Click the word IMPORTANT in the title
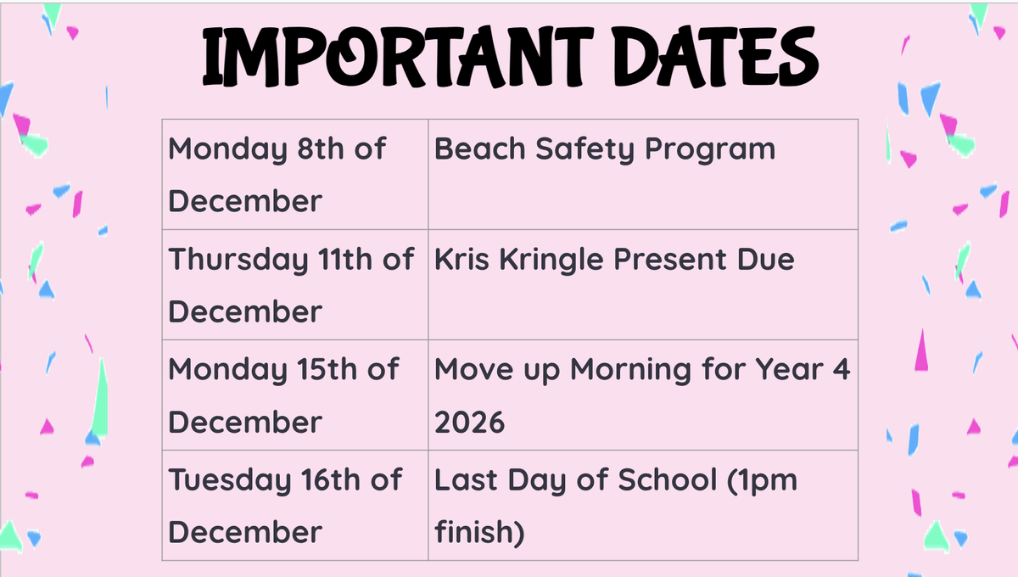point(398,56)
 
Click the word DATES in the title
point(715,56)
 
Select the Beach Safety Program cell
point(643,175)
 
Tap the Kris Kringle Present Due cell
point(643,284)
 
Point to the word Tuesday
point(230,480)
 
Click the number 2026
point(469,423)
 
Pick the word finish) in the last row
point(480,531)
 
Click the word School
point(668,479)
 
